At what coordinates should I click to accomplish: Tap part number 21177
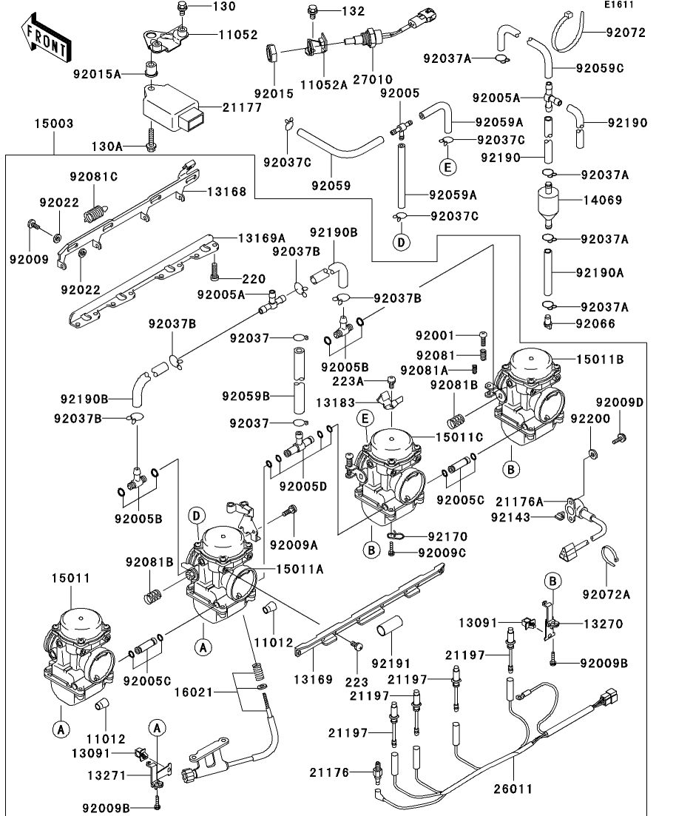pyautogui.click(x=239, y=108)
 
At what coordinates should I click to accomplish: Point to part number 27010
pyautogui.click(x=373, y=79)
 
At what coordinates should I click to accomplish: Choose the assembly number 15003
pyautogui.click(x=53, y=124)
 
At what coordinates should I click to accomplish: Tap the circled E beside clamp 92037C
pyautogui.click(x=447, y=166)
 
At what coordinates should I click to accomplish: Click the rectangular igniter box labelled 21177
pyautogui.click(x=174, y=109)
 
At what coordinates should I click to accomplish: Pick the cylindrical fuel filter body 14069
pyautogui.click(x=549, y=200)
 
